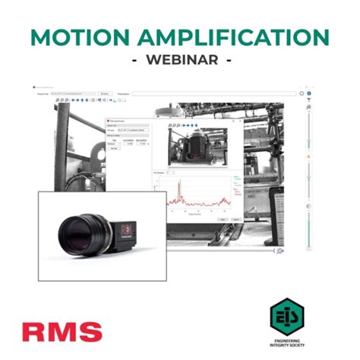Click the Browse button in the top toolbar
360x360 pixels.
[x=106, y=93]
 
